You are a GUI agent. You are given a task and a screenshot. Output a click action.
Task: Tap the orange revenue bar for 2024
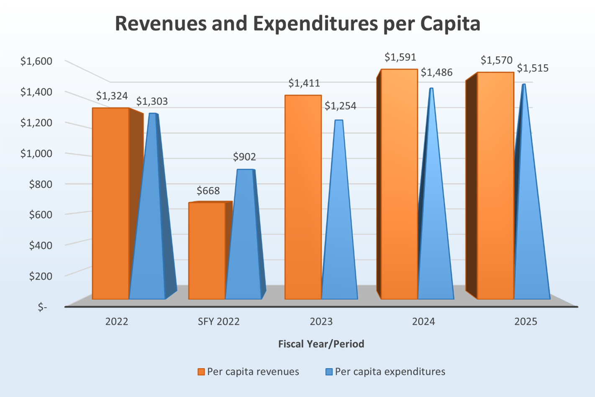(x=399, y=184)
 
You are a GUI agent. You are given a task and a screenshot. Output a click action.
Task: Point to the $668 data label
(x=208, y=191)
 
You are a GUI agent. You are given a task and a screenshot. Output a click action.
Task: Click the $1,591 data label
(x=400, y=57)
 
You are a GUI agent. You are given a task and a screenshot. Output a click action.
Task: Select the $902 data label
(x=244, y=157)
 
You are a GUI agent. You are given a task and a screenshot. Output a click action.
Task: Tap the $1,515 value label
(x=532, y=68)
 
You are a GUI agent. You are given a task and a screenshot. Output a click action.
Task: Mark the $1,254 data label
(x=340, y=106)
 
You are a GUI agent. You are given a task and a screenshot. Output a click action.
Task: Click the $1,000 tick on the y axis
(x=36, y=153)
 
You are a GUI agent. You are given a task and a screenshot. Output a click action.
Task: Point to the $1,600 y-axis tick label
(x=36, y=61)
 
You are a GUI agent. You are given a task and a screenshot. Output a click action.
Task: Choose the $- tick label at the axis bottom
(x=42, y=307)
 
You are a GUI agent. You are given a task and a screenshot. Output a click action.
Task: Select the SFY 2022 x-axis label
(x=218, y=322)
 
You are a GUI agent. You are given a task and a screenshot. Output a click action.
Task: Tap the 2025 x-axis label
(x=526, y=322)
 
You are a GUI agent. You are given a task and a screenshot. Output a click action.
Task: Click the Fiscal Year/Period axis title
(x=321, y=344)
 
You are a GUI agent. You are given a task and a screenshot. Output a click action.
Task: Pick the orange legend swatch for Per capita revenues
(x=201, y=372)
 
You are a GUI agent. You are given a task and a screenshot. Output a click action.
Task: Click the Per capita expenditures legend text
(x=390, y=372)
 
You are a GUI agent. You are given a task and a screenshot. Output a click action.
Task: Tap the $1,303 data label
(x=152, y=101)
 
